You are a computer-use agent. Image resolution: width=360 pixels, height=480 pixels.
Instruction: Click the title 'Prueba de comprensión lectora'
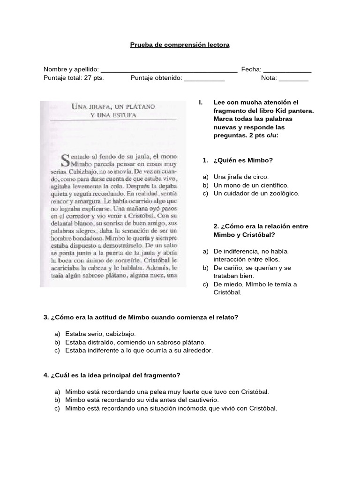coord(180,45)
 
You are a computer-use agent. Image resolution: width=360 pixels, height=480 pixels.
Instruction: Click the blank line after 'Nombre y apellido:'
coord(169,71)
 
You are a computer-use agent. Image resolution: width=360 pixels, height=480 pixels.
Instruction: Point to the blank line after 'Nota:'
coord(293,79)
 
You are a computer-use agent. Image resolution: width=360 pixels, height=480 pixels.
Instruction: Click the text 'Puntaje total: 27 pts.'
coord(74,78)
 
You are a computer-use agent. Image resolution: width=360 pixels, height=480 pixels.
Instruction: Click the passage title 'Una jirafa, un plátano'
coord(112,106)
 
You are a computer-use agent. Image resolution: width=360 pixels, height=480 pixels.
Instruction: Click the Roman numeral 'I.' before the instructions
coord(201,102)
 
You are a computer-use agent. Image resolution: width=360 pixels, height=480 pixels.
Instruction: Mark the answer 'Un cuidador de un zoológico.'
coord(256,193)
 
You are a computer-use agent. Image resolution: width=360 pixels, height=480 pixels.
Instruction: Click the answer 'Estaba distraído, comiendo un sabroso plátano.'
coord(135,342)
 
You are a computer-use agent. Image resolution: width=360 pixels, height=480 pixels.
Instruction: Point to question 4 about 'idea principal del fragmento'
coord(112,375)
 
